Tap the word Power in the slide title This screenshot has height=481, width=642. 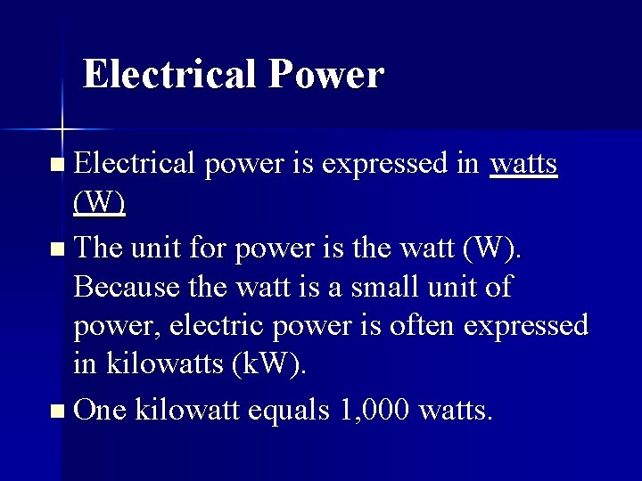(x=325, y=74)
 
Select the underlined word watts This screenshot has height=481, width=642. (x=524, y=164)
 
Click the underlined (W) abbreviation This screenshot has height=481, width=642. (x=99, y=204)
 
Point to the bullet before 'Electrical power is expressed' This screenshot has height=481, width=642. (x=58, y=165)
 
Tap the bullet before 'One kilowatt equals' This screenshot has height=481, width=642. (x=58, y=411)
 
